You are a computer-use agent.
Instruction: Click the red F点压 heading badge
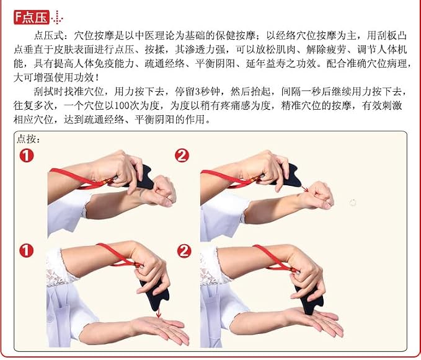[x=32, y=17]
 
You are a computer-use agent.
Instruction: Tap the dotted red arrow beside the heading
[x=57, y=17]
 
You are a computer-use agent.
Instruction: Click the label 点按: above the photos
[x=28, y=139]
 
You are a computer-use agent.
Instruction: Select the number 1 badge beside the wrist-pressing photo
[x=27, y=156]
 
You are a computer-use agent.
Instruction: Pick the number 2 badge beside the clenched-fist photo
[x=182, y=156]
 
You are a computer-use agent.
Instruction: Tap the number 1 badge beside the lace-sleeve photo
[x=26, y=251]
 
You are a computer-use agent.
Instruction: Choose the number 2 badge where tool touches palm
[x=184, y=251]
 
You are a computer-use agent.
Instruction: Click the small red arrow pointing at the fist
[x=304, y=188]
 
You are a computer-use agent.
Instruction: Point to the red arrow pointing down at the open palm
[x=158, y=313]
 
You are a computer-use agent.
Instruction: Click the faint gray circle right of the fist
[x=353, y=203]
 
